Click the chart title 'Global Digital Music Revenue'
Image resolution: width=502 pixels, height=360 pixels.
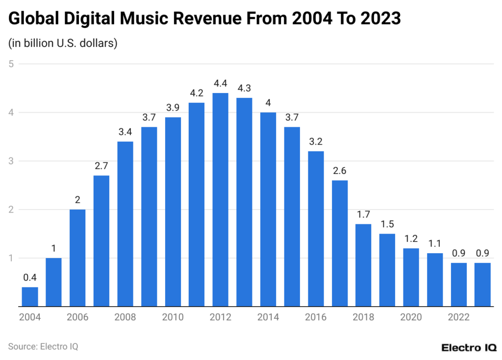(205, 19)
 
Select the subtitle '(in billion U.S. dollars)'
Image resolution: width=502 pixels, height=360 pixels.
(62, 43)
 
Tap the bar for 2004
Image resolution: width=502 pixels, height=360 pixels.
(30, 297)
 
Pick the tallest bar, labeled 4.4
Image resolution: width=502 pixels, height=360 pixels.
(221, 200)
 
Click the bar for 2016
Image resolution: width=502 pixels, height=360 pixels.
(316, 229)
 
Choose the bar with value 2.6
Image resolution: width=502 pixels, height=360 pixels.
(340, 243)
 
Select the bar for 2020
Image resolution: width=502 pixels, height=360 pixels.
(411, 277)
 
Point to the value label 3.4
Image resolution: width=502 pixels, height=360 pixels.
(125, 132)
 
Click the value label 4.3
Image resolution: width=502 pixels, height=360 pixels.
(244, 88)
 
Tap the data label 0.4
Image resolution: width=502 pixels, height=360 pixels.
(30, 277)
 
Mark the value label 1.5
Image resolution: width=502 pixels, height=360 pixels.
(387, 224)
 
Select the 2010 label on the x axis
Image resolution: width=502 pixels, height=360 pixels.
(173, 317)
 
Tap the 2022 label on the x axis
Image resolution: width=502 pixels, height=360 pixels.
(459, 317)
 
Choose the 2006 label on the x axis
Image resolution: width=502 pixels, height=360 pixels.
(77, 317)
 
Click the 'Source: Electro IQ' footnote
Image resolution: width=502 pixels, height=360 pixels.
(43, 346)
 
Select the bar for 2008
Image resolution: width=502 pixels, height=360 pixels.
(125, 224)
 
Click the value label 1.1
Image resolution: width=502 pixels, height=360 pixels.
(435, 243)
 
